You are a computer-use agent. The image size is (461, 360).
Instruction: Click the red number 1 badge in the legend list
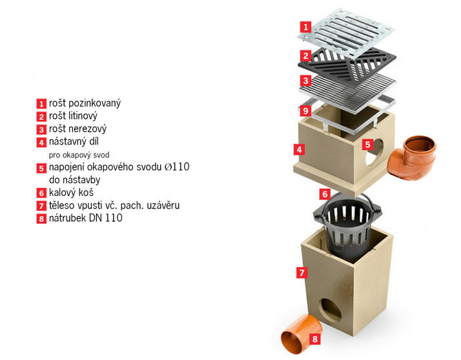(x=41, y=104)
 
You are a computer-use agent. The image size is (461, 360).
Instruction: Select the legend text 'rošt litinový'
(x=73, y=115)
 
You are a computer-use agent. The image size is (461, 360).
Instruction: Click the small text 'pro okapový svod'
(x=79, y=155)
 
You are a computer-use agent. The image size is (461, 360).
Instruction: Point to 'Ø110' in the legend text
(x=177, y=166)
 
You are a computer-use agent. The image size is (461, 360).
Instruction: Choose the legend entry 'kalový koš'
(x=71, y=192)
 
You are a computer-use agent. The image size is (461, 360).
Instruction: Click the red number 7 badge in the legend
(x=41, y=206)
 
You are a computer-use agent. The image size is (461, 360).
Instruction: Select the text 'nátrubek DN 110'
(x=86, y=218)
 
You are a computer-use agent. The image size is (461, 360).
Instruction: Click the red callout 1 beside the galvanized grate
(x=306, y=27)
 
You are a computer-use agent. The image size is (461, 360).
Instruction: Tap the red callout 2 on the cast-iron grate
(x=306, y=55)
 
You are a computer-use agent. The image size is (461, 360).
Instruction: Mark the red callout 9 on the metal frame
(x=306, y=111)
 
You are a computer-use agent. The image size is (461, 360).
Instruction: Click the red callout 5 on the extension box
(x=367, y=145)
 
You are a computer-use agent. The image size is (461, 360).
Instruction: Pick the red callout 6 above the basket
(x=325, y=194)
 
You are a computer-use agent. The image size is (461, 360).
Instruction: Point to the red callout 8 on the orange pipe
(x=315, y=339)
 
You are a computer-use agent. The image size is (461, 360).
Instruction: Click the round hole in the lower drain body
(x=330, y=310)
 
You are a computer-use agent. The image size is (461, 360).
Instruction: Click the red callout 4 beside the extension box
(x=299, y=150)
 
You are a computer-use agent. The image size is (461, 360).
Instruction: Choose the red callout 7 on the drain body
(x=302, y=273)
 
